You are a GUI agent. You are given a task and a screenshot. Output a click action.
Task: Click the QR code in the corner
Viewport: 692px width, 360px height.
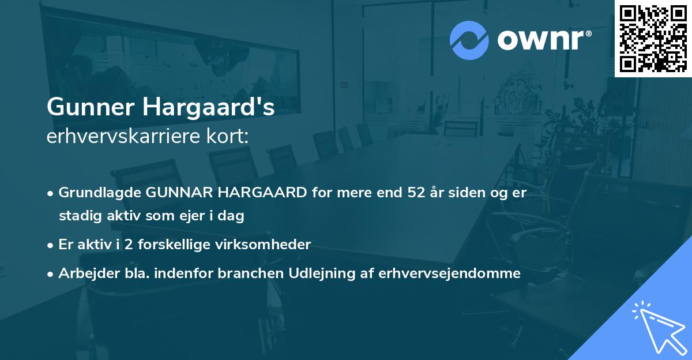[653, 38]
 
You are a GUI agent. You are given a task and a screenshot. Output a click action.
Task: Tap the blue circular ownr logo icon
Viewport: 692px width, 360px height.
[469, 40]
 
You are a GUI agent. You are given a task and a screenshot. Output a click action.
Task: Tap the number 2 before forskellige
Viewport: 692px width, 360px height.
[128, 245]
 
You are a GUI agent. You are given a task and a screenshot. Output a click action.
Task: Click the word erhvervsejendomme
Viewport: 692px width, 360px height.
[450, 273]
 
